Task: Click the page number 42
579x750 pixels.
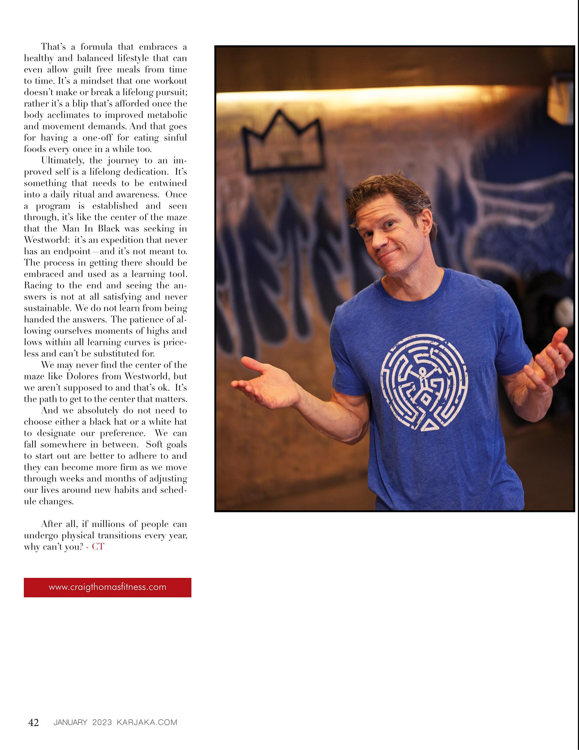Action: tap(34, 723)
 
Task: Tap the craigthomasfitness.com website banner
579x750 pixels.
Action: tap(107, 587)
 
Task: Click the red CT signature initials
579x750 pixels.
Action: tap(98, 547)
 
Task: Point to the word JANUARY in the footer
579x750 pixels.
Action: tap(70, 723)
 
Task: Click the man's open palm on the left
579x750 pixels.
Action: tap(263, 379)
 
